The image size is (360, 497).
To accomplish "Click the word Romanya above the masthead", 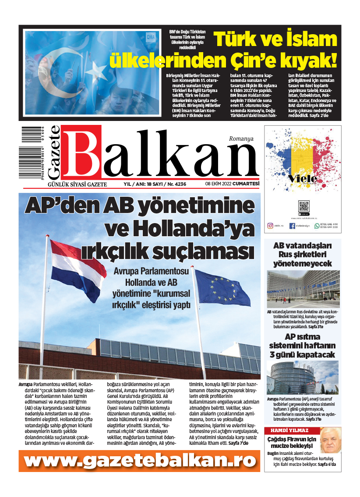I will pyautogui.click(x=241, y=138).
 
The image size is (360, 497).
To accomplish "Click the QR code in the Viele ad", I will pyautogui.click(x=304, y=206).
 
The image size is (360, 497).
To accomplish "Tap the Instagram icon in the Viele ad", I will pyautogui.click(x=270, y=226).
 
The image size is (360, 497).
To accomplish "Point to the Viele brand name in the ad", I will pyautogui.click(x=303, y=179).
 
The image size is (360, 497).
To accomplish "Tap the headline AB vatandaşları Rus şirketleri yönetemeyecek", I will pyautogui.click(x=302, y=254).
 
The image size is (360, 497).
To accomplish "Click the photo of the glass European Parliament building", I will pyautogui.click(x=302, y=377).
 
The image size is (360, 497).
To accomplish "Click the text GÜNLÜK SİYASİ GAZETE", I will pyautogui.click(x=77, y=185).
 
